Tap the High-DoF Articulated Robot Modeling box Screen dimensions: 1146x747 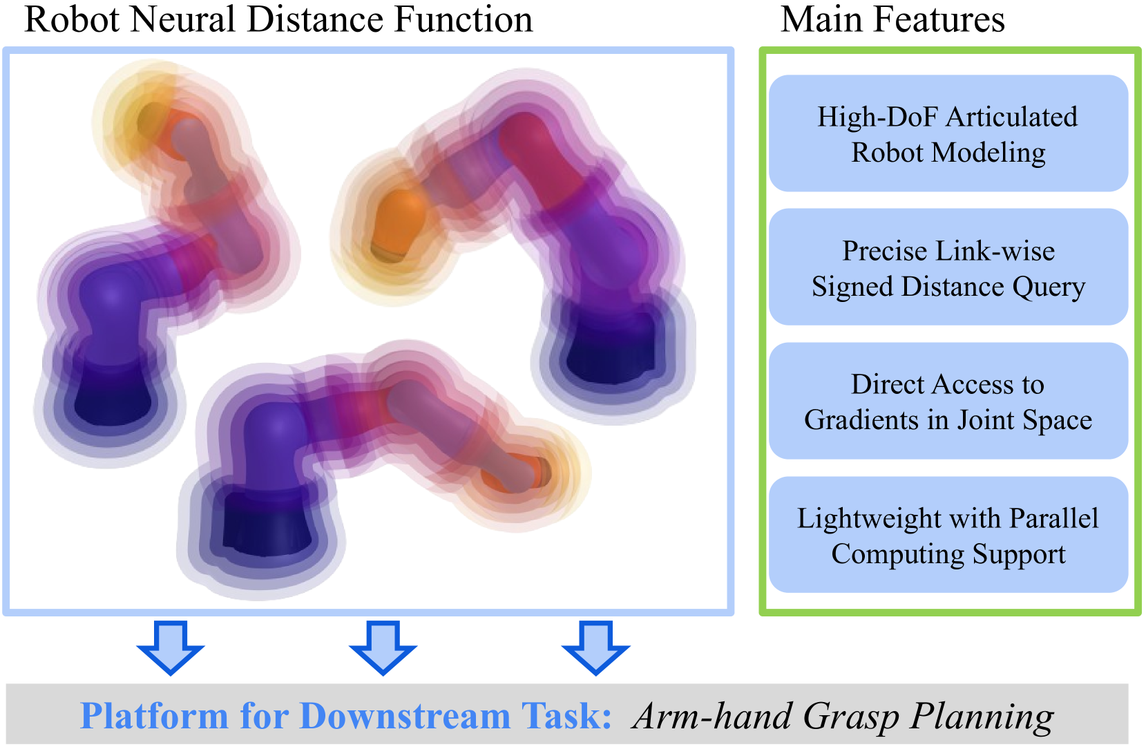tap(948, 133)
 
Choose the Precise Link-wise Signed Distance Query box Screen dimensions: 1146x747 tap(948, 267)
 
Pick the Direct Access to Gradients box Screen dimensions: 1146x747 tap(948, 401)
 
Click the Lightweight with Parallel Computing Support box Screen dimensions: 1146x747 tap(948, 535)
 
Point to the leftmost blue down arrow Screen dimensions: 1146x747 tap(171, 648)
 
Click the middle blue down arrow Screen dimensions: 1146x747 tap(383, 648)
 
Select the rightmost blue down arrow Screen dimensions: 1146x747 tap(595, 648)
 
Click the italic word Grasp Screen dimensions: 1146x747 tap(850, 717)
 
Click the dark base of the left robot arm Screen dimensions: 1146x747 tap(113, 393)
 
